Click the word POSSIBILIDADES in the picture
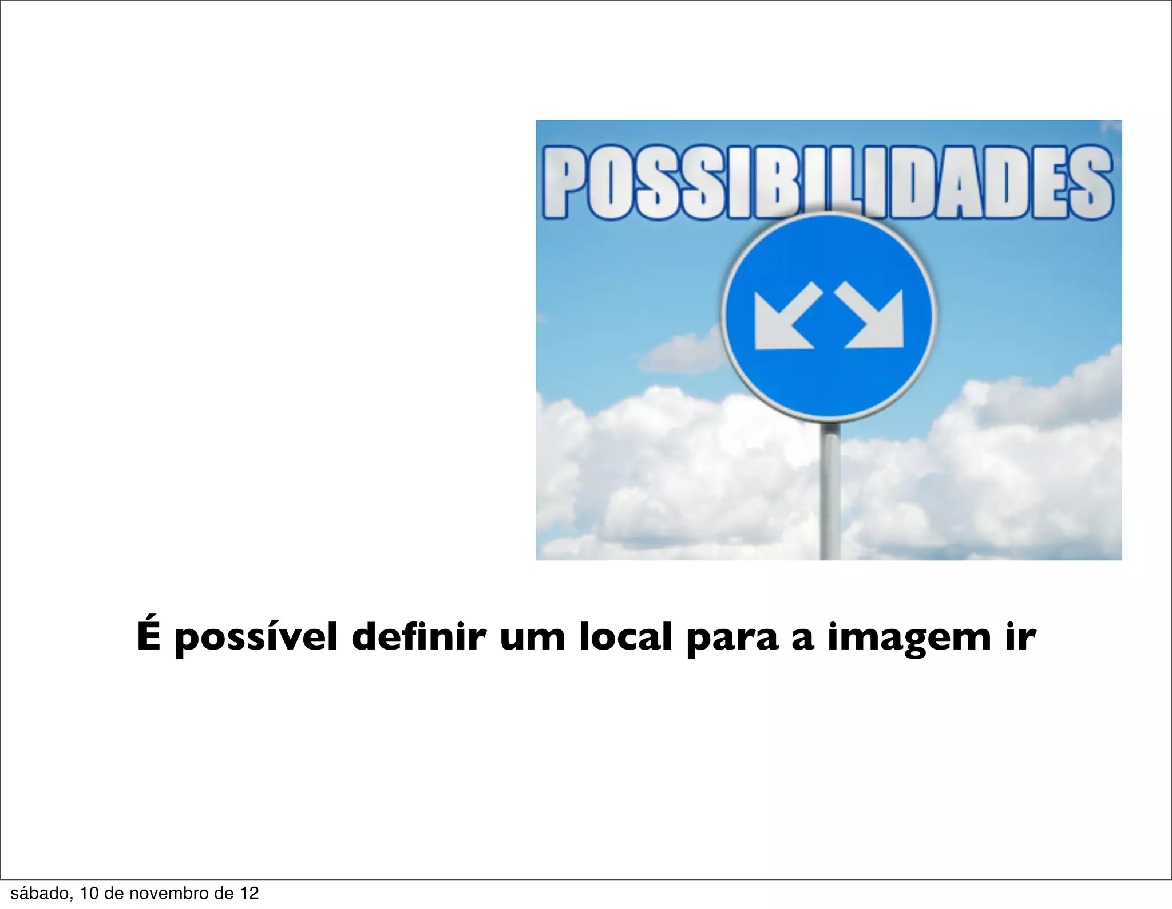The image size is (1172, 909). [x=827, y=182]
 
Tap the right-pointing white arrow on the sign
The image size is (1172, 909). [x=871, y=318]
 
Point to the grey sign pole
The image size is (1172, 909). [x=830, y=493]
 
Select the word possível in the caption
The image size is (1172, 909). [x=256, y=638]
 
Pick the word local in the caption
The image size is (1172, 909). [x=625, y=636]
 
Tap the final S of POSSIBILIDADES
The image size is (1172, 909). [x=1091, y=182]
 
